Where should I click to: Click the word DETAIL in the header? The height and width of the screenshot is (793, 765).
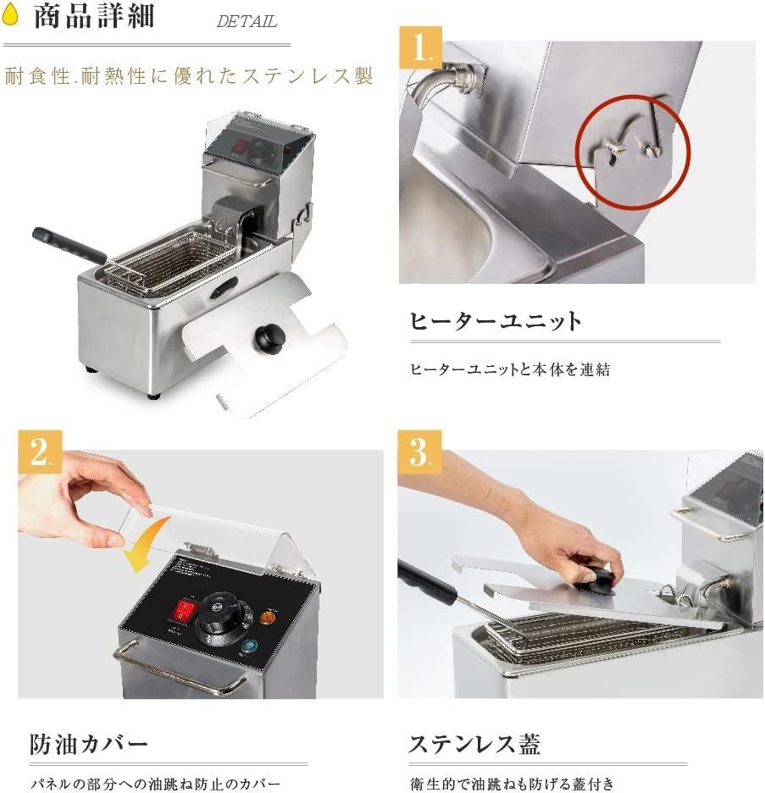pyautogui.click(x=246, y=22)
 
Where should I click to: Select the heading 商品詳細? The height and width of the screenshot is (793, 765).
pyautogui.click(x=94, y=17)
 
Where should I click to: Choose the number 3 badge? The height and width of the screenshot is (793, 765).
pyautogui.click(x=419, y=452)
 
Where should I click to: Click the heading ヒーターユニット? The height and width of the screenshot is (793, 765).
pyautogui.click(x=496, y=321)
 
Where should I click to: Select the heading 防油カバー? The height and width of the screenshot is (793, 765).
pyautogui.click(x=89, y=745)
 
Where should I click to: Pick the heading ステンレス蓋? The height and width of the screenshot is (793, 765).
pyautogui.click(x=474, y=745)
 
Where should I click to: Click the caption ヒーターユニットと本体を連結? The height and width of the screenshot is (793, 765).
pyautogui.click(x=510, y=369)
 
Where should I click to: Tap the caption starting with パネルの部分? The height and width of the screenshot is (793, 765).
pyautogui.click(x=155, y=784)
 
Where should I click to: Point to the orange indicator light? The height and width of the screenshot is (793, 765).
pyautogui.click(x=270, y=617)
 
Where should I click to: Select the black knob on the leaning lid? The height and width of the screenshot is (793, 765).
pyautogui.click(x=270, y=339)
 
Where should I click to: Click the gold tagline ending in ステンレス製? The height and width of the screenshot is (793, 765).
pyautogui.click(x=188, y=76)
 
